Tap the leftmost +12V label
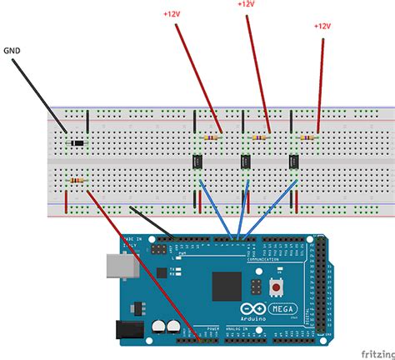[x=172, y=14]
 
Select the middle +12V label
[x=246, y=4]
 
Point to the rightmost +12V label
[x=322, y=26]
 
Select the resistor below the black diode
[x=77, y=179]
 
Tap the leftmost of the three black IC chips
[x=199, y=161]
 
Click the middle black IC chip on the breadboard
[x=247, y=161]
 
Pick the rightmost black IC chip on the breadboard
[x=294, y=161]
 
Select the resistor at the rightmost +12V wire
[x=308, y=137]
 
